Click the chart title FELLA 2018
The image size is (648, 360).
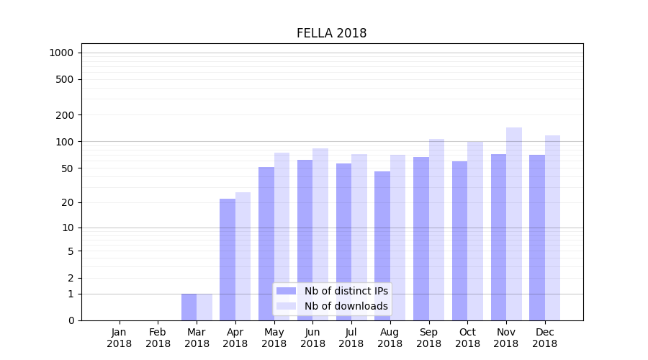tap(331, 33)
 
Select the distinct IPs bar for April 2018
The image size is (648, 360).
tap(228, 259)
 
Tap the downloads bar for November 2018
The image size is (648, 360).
tap(513, 223)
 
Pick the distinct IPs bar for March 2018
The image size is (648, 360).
tap(189, 307)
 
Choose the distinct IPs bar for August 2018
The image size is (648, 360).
tap(382, 246)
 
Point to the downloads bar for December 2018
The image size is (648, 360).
tap(552, 228)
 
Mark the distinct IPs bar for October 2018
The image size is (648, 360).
tap(459, 240)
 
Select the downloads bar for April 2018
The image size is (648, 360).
tap(243, 256)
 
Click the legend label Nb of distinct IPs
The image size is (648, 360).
tap(346, 291)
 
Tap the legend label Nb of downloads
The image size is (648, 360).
tap(346, 306)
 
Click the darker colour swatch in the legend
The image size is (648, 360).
tap(286, 291)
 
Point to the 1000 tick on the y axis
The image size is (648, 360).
tap(61, 53)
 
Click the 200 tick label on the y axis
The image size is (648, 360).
tap(65, 115)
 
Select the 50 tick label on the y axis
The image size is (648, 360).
tap(67, 168)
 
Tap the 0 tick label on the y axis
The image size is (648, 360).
tap(71, 320)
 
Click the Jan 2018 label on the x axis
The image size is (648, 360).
tap(120, 338)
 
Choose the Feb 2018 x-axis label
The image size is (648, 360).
tap(158, 338)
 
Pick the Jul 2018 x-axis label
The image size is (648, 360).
tap(351, 338)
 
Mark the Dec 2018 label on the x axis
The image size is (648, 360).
tap(544, 338)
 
